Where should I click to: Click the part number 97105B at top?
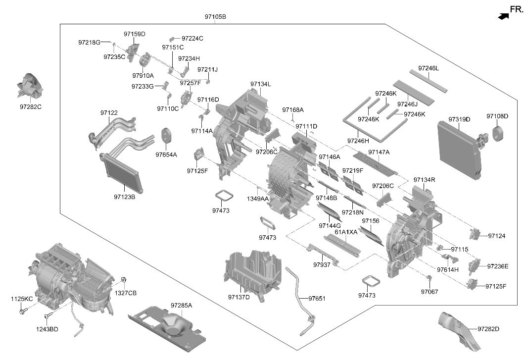point(215,16)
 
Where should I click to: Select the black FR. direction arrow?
point(503,16)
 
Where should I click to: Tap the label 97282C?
point(31,107)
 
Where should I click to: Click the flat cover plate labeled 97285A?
point(167,328)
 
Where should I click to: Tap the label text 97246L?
point(429,68)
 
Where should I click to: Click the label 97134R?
point(425,180)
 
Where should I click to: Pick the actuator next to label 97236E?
point(474,265)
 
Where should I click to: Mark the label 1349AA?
point(258,199)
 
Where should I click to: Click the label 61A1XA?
point(346,232)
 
